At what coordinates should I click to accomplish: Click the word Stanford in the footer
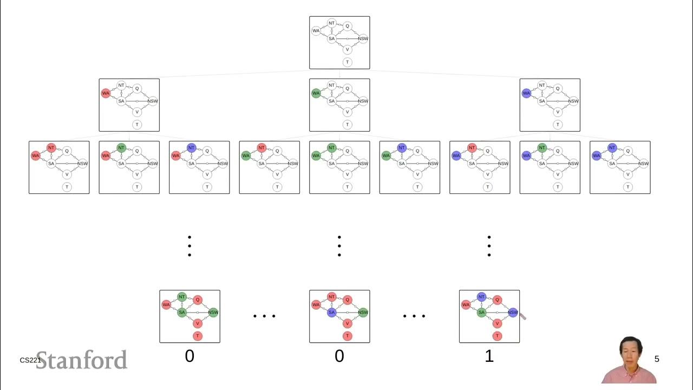tap(82, 360)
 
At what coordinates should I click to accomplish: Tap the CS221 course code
tap(30, 360)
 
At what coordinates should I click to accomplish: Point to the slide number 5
tap(657, 359)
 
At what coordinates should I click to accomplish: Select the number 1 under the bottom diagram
tap(489, 356)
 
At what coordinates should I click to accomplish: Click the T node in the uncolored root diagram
tap(347, 62)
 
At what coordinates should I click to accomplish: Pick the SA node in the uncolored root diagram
tap(331, 38)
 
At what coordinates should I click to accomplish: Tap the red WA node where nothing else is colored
tap(106, 94)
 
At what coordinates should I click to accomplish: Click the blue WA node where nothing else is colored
tap(526, 94)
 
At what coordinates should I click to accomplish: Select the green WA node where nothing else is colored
tap(316, 94)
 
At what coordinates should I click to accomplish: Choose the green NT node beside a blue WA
tap(542, 147)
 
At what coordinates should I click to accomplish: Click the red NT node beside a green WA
tap(261, 147)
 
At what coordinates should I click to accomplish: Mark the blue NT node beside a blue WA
tap(612, 147)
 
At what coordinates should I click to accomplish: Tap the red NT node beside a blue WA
tap(472, 147)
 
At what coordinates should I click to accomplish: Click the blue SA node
tap(331, 313)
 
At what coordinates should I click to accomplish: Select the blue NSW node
tap(513, 313)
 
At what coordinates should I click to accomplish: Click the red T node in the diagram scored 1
tap(497, 336)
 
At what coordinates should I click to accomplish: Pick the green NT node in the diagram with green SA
tap(182, 297)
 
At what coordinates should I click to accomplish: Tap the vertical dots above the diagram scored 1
tap(489, 246)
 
